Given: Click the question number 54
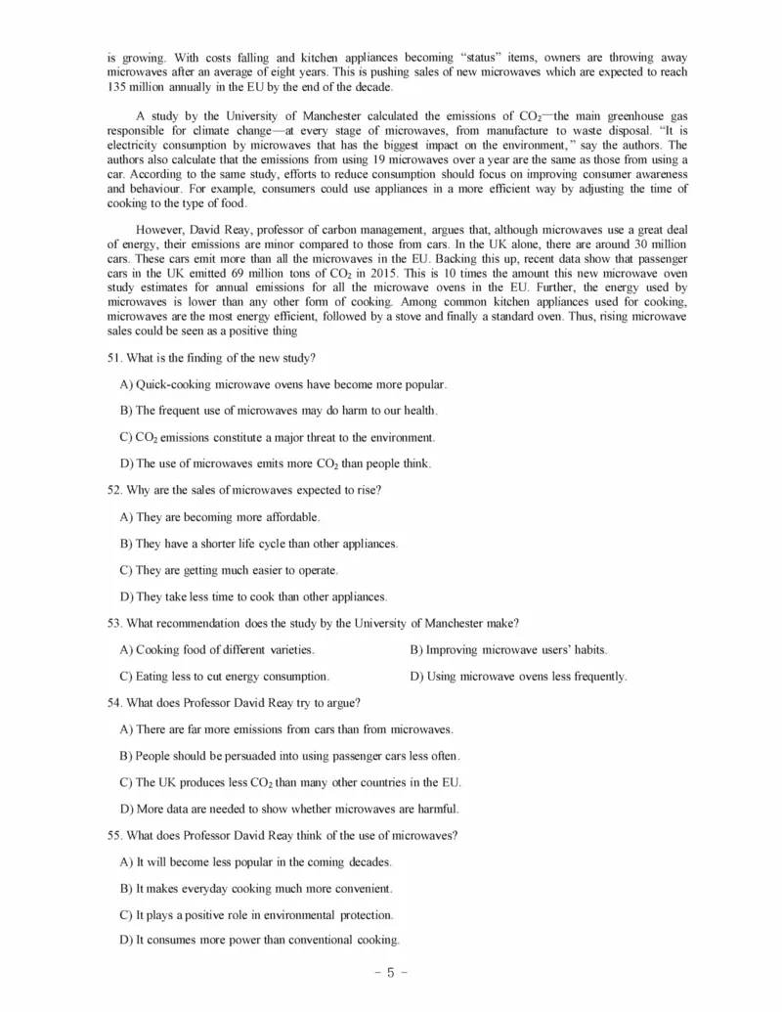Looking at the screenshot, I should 114,702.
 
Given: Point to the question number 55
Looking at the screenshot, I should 114,835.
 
